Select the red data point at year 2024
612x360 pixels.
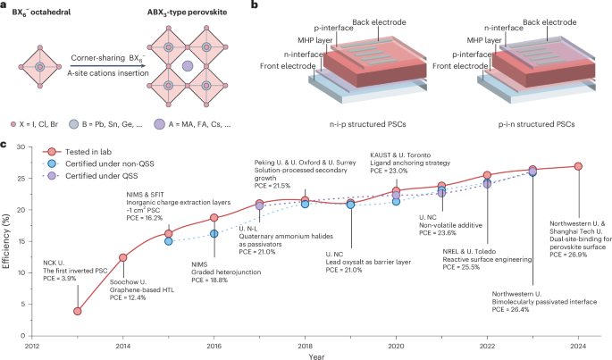[x=578, y=166]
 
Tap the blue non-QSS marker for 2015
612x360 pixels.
[x=168, y=241]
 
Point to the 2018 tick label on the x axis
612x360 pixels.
[x=305, y=343]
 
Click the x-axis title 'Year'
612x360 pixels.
[x=305, y=355]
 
